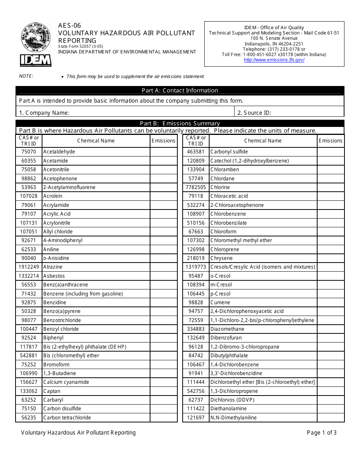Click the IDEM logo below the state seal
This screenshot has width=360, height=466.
pyautogui.click(x=36, y=60)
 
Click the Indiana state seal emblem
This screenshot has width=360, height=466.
pyautogui.click(x=36, y=37)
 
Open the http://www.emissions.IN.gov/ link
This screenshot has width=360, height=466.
pyautogui.click(x=274, y=60)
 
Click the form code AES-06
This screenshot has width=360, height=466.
pyautogui.click(x=69, y=25)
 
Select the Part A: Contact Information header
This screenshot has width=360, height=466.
pyautogui.click(x=180, y=91)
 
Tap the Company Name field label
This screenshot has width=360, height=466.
pyautogui.click(x=44, y=113)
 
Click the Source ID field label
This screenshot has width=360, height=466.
pyautogui.click(x=254, y=113)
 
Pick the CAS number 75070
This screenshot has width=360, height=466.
pyautogui.click(x=29, y=152)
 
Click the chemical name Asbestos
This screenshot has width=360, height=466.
pyautogui.click(x=54, y=276)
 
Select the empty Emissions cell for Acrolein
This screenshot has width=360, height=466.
pyautogui.click(x=163, y=196)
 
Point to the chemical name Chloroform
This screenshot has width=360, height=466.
pyautogui.click(x=223, y=231)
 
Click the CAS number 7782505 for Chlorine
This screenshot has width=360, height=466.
pyautogui.click(x=196, y=187)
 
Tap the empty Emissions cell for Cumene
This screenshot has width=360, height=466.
pyautogui.click(x=330, y=302)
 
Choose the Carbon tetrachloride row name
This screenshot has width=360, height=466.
pyautogui.click(x=67, y=418)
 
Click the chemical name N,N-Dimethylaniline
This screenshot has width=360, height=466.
pyautogui.click(x=233, y=418)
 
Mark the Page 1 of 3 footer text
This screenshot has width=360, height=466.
pyautogui.click(x=322, y=433)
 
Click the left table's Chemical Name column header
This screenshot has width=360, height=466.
pyautogui.click(x=96, y=141)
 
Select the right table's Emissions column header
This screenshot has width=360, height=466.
pyautogui.click(x=330, y=141)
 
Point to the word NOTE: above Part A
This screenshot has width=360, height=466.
pyautogui.click(x=26, y=76)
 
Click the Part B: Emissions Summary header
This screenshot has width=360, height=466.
pyautogui.click(x=180, y=123)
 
